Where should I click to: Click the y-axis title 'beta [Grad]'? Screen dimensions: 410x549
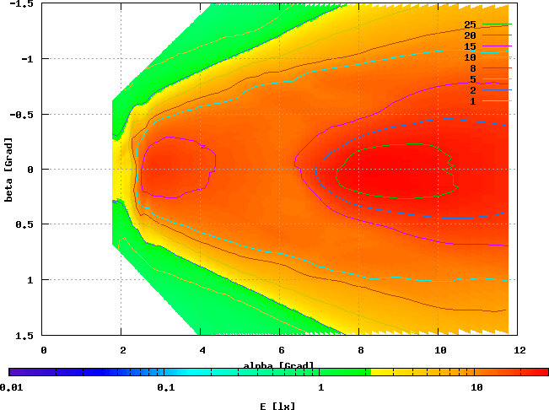click(8, 169)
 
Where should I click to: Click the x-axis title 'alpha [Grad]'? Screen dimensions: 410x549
click(279, 365)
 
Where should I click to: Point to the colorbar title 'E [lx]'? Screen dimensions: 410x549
click(277, 406)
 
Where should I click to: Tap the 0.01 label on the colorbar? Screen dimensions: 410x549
click(11, 387)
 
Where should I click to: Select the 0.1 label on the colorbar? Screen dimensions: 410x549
click(165, 387)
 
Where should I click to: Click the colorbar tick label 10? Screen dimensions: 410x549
click(476, 387)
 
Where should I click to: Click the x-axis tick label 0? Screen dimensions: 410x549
click(43, 348)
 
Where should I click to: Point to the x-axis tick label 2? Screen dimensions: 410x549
click(122, 348)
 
